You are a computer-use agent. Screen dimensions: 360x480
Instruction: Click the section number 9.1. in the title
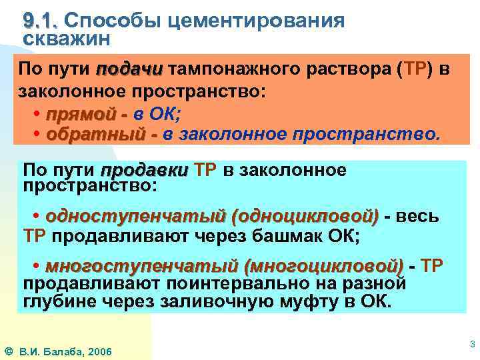(x=41, y=21)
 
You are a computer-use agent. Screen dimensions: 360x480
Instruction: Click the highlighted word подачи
(x=130, y=70)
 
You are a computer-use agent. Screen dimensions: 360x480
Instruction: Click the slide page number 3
(x=472, y=345)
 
